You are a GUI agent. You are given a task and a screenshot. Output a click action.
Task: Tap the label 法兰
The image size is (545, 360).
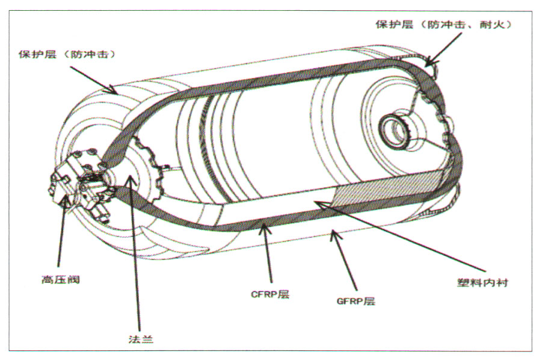tap(142, 339)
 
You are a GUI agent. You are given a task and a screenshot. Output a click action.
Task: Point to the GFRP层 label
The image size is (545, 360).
tap(355, 300)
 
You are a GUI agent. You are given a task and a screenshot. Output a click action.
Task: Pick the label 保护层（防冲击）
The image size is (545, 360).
tap(67, 54)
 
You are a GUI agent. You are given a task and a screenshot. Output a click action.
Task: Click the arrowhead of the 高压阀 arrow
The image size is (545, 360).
tap(63, 199)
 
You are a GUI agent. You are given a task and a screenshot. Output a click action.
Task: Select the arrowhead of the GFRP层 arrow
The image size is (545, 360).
tap(333, 232)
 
